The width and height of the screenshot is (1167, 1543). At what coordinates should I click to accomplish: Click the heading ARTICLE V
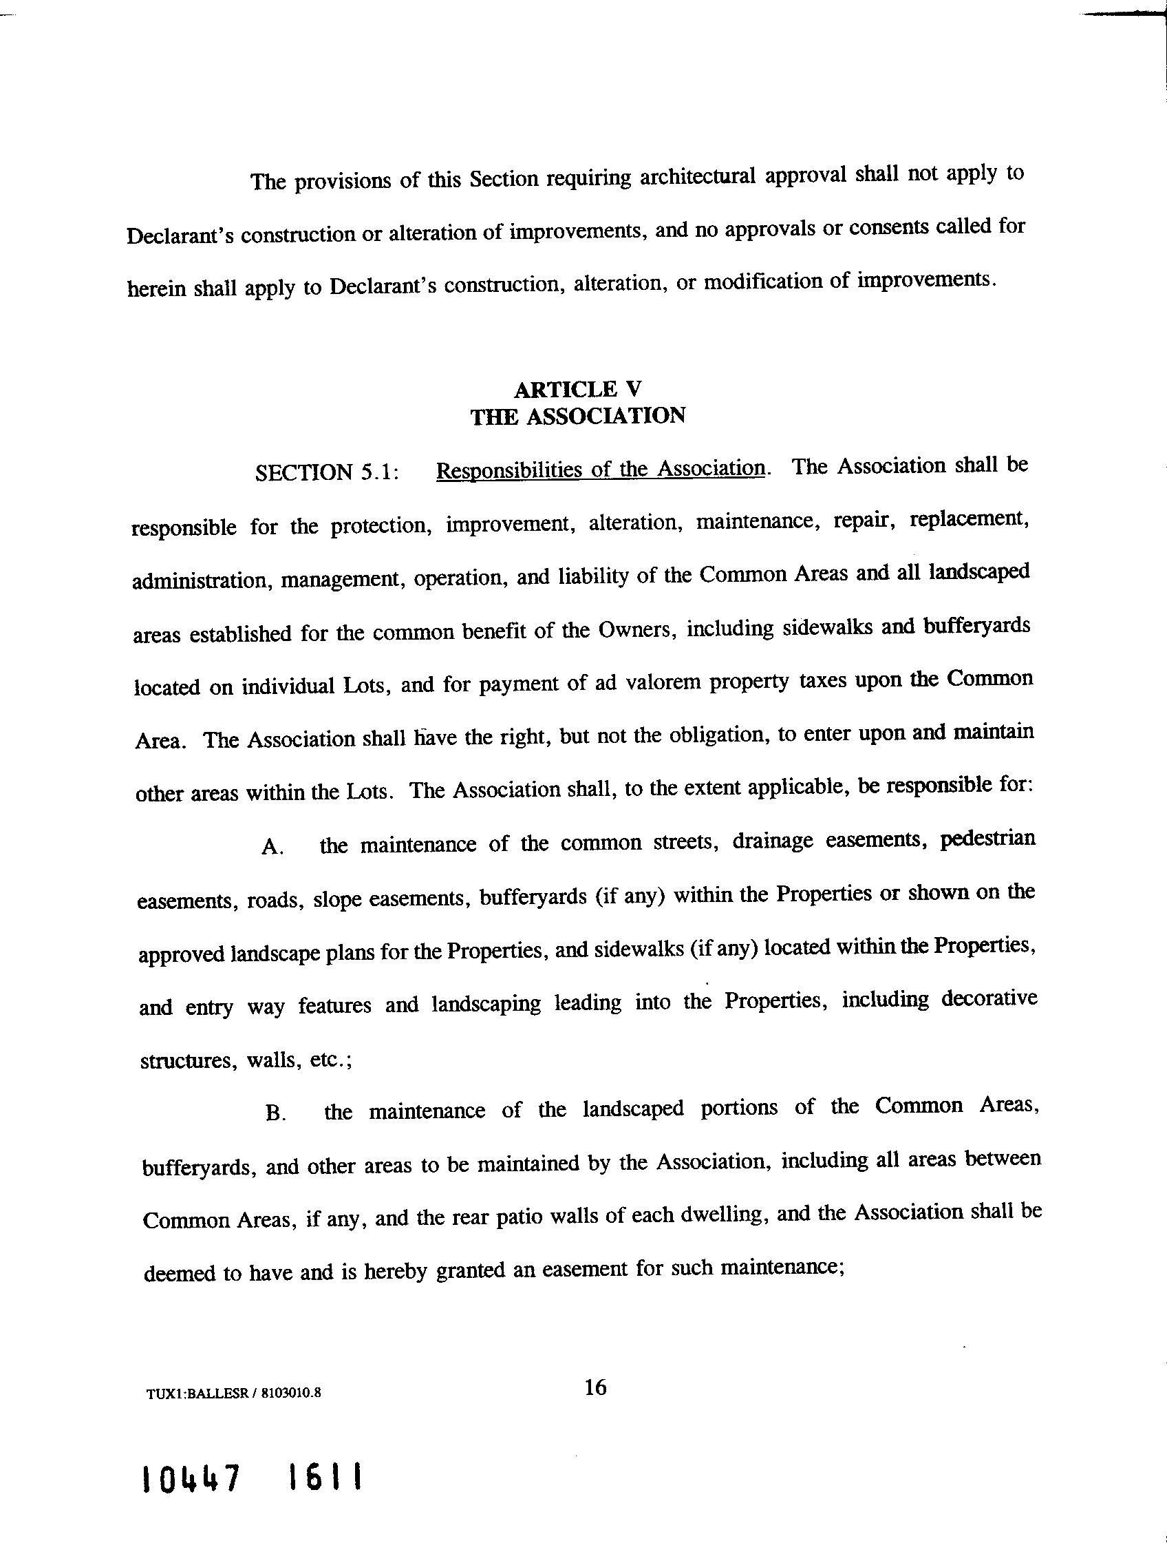[x=577, y=388]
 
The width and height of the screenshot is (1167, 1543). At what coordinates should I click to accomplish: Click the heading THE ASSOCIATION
[x=577, y=417]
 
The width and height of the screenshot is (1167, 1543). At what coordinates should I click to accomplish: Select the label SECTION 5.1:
[x=327, y=473]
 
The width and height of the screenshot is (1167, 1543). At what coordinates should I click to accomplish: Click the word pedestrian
[x=987, y=838]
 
